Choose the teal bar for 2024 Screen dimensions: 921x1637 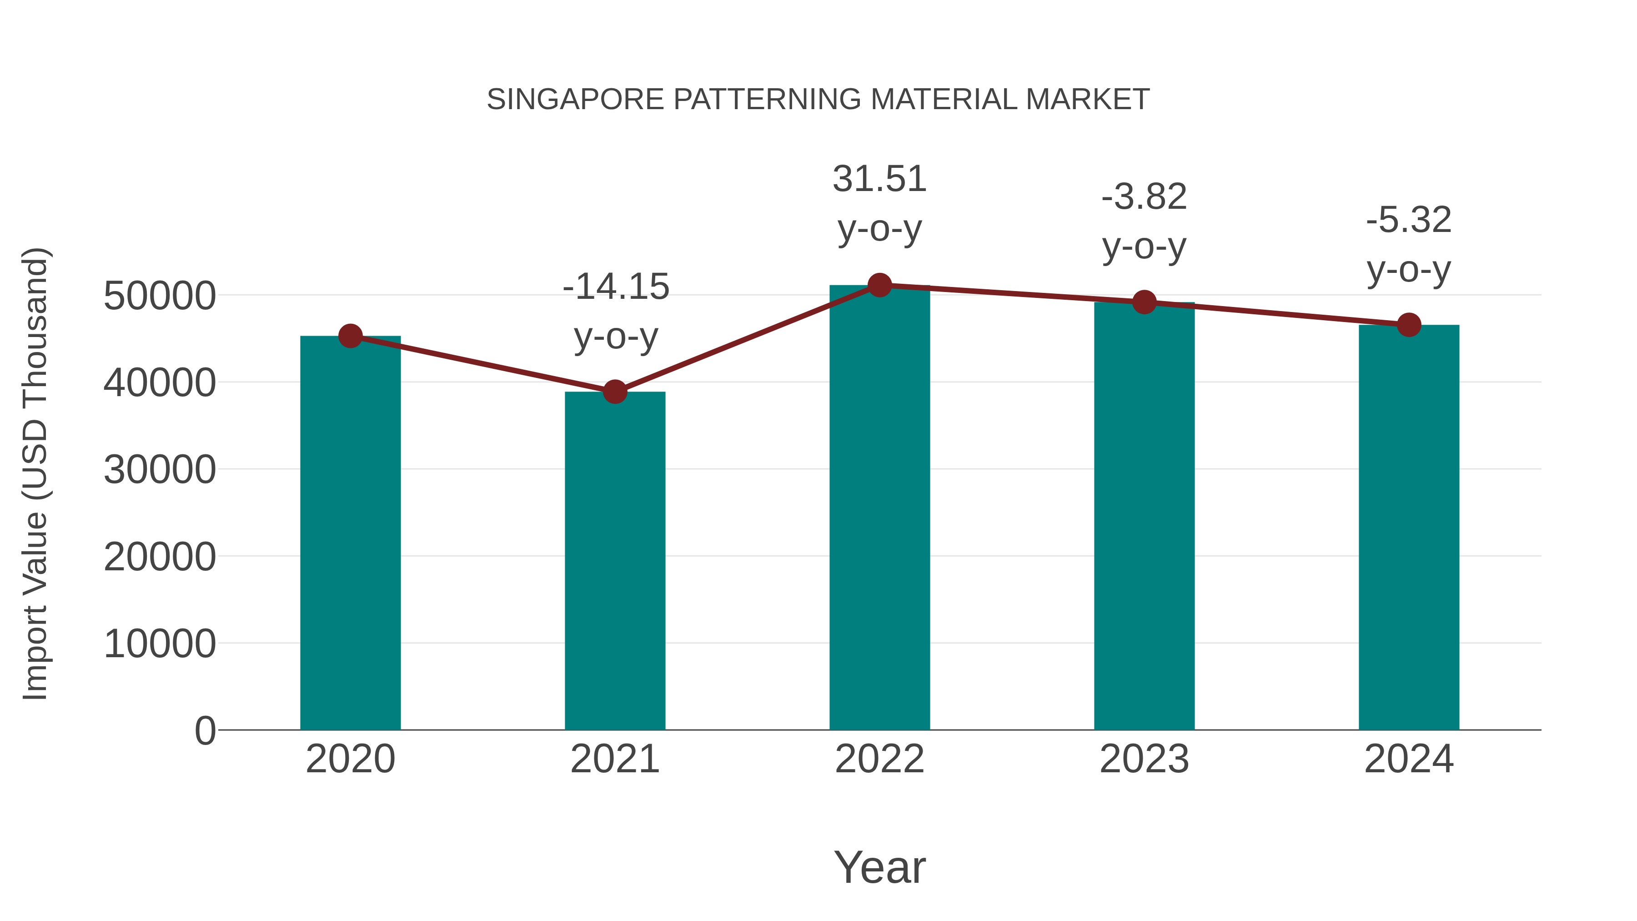[1409, 527]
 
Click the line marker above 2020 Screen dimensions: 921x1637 [350, 336]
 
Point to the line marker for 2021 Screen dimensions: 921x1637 [614, 392]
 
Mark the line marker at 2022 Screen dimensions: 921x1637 [879, 285]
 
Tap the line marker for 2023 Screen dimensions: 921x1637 [1144, 302]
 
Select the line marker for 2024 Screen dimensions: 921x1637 [1409, 325]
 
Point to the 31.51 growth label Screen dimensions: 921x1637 [879, 203]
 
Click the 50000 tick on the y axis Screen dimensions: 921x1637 [160, 296]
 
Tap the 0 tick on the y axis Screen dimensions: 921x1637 [205, 730]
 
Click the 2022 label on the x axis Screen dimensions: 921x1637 [879, 759]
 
